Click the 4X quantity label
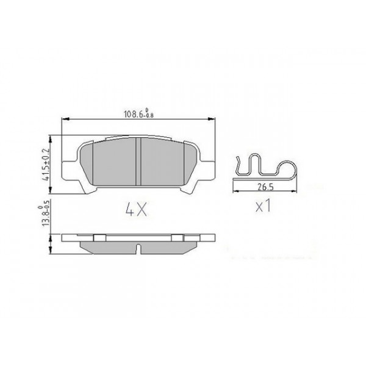click(x=136, y=210)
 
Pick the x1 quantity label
click(x=262, y=206)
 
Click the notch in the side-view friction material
click(x=140, y=249)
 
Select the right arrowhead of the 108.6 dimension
click(x=214, y=119)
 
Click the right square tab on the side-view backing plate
click(x=178, y=237)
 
